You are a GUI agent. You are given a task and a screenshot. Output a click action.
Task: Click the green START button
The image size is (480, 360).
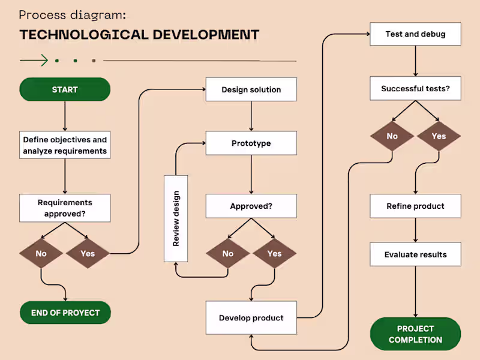click(x=65, y=89)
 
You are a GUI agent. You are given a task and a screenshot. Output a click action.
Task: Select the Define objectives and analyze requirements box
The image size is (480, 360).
click(x=65, y=145)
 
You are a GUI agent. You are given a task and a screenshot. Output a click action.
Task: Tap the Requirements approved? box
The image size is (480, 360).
click(x=65, y=208)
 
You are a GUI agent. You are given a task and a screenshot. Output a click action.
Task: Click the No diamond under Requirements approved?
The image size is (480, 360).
click(x=41, y=254)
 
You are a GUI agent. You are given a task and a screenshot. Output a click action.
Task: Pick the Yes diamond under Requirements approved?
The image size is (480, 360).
click(x=88, y=254)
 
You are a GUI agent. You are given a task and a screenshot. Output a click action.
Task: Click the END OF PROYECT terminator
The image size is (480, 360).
click(x=65, y=313)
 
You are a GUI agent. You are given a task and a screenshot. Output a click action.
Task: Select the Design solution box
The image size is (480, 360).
click(x=251, y=89)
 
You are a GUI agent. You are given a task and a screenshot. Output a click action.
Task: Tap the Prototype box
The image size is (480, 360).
click(x=251, y=143)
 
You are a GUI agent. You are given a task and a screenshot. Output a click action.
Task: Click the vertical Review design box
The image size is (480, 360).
click(x=176, y=218)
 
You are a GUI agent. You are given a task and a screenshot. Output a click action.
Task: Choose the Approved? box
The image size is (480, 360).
click(x=251, y=206)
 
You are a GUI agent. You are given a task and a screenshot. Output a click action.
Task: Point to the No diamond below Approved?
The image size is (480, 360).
click(x=228, y=254)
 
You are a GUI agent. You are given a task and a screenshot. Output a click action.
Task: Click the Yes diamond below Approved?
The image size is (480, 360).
click(x=274, y=254)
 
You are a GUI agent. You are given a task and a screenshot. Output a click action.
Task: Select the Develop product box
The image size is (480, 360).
click(x=251, y=317)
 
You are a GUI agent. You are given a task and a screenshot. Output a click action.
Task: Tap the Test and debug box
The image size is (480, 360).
click(x=415, y=34)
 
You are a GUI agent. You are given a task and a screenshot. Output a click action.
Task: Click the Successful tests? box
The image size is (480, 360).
click(x=415, y=89)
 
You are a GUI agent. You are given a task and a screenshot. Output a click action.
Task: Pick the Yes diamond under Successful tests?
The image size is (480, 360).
click(x=439, y=136)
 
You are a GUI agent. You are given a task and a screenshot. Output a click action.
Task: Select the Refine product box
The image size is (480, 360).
click(x=415, y=206)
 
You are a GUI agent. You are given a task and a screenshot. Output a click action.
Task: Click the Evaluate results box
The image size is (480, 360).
click(x=415, y=254)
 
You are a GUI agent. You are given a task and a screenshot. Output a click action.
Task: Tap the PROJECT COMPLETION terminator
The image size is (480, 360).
click(x=415, y=334)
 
